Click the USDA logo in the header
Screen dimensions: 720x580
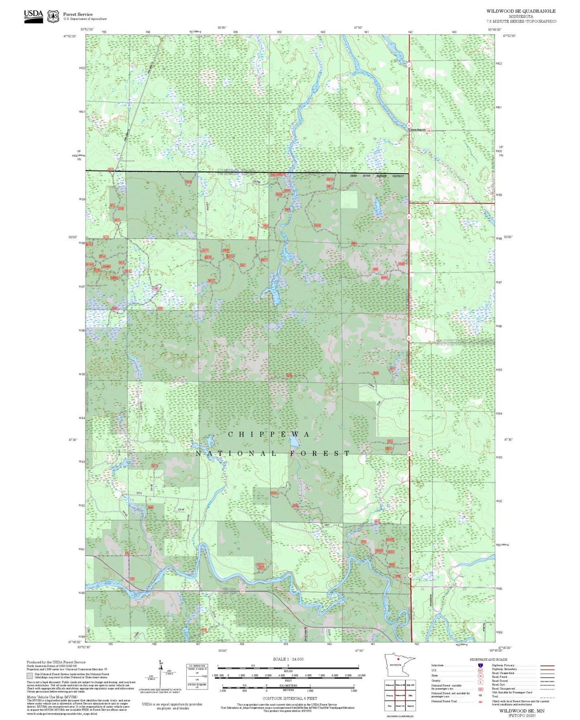point(33,16)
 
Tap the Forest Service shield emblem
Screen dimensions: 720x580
point(53,16)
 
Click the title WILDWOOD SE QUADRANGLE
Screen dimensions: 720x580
point(521,11)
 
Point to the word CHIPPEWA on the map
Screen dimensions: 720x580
point(269,435)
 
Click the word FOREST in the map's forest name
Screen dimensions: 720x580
point(320,454)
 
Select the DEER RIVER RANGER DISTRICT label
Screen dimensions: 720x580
point(376,176)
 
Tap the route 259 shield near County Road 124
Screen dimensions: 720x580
point(429,131)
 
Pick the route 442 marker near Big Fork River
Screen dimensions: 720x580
point(132,579)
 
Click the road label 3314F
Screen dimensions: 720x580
point(181,510)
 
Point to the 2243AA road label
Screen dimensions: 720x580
point(256,182)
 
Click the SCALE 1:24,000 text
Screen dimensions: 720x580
point(288,659)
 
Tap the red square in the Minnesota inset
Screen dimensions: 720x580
point(398,659)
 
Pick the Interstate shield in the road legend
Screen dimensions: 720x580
point(480,665)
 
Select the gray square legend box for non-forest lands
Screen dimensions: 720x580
point(30,676)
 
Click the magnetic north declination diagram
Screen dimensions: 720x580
point(161,675)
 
